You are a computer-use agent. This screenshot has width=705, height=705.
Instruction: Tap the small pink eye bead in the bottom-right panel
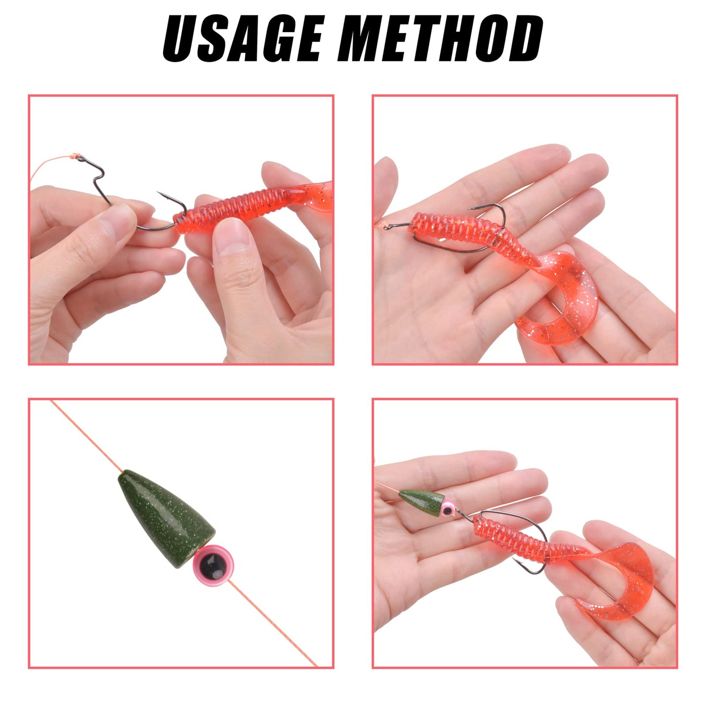(x=448, y=509)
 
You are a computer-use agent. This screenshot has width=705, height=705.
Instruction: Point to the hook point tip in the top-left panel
(x=159, y=194)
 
